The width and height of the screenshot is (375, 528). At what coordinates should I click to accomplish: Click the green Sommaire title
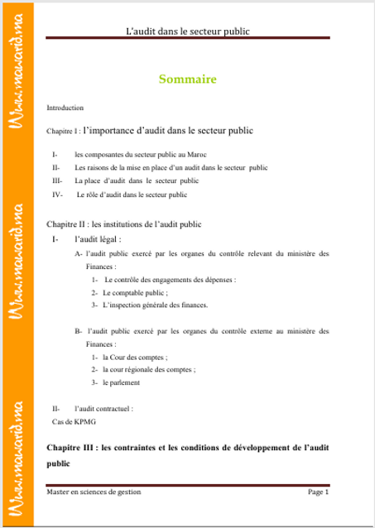(x=187, y=79)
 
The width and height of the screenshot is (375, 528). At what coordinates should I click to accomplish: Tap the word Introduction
(x=65, y=108)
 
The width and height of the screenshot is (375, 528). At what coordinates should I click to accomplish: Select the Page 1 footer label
(x=319, y=492)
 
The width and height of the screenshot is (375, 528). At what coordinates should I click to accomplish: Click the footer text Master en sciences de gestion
(x=94, y=492)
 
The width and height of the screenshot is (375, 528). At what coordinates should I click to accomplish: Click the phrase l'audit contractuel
(x=104, y=408)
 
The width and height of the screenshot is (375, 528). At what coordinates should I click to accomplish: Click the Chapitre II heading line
(x=123, y=223)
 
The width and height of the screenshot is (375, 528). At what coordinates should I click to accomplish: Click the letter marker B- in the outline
(x=79, y=330)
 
